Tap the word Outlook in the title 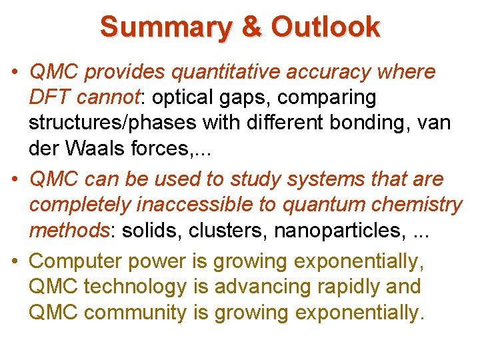click(x=326, y=27)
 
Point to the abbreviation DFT click(x=49, y=97)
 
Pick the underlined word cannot click(x=109, y=97)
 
